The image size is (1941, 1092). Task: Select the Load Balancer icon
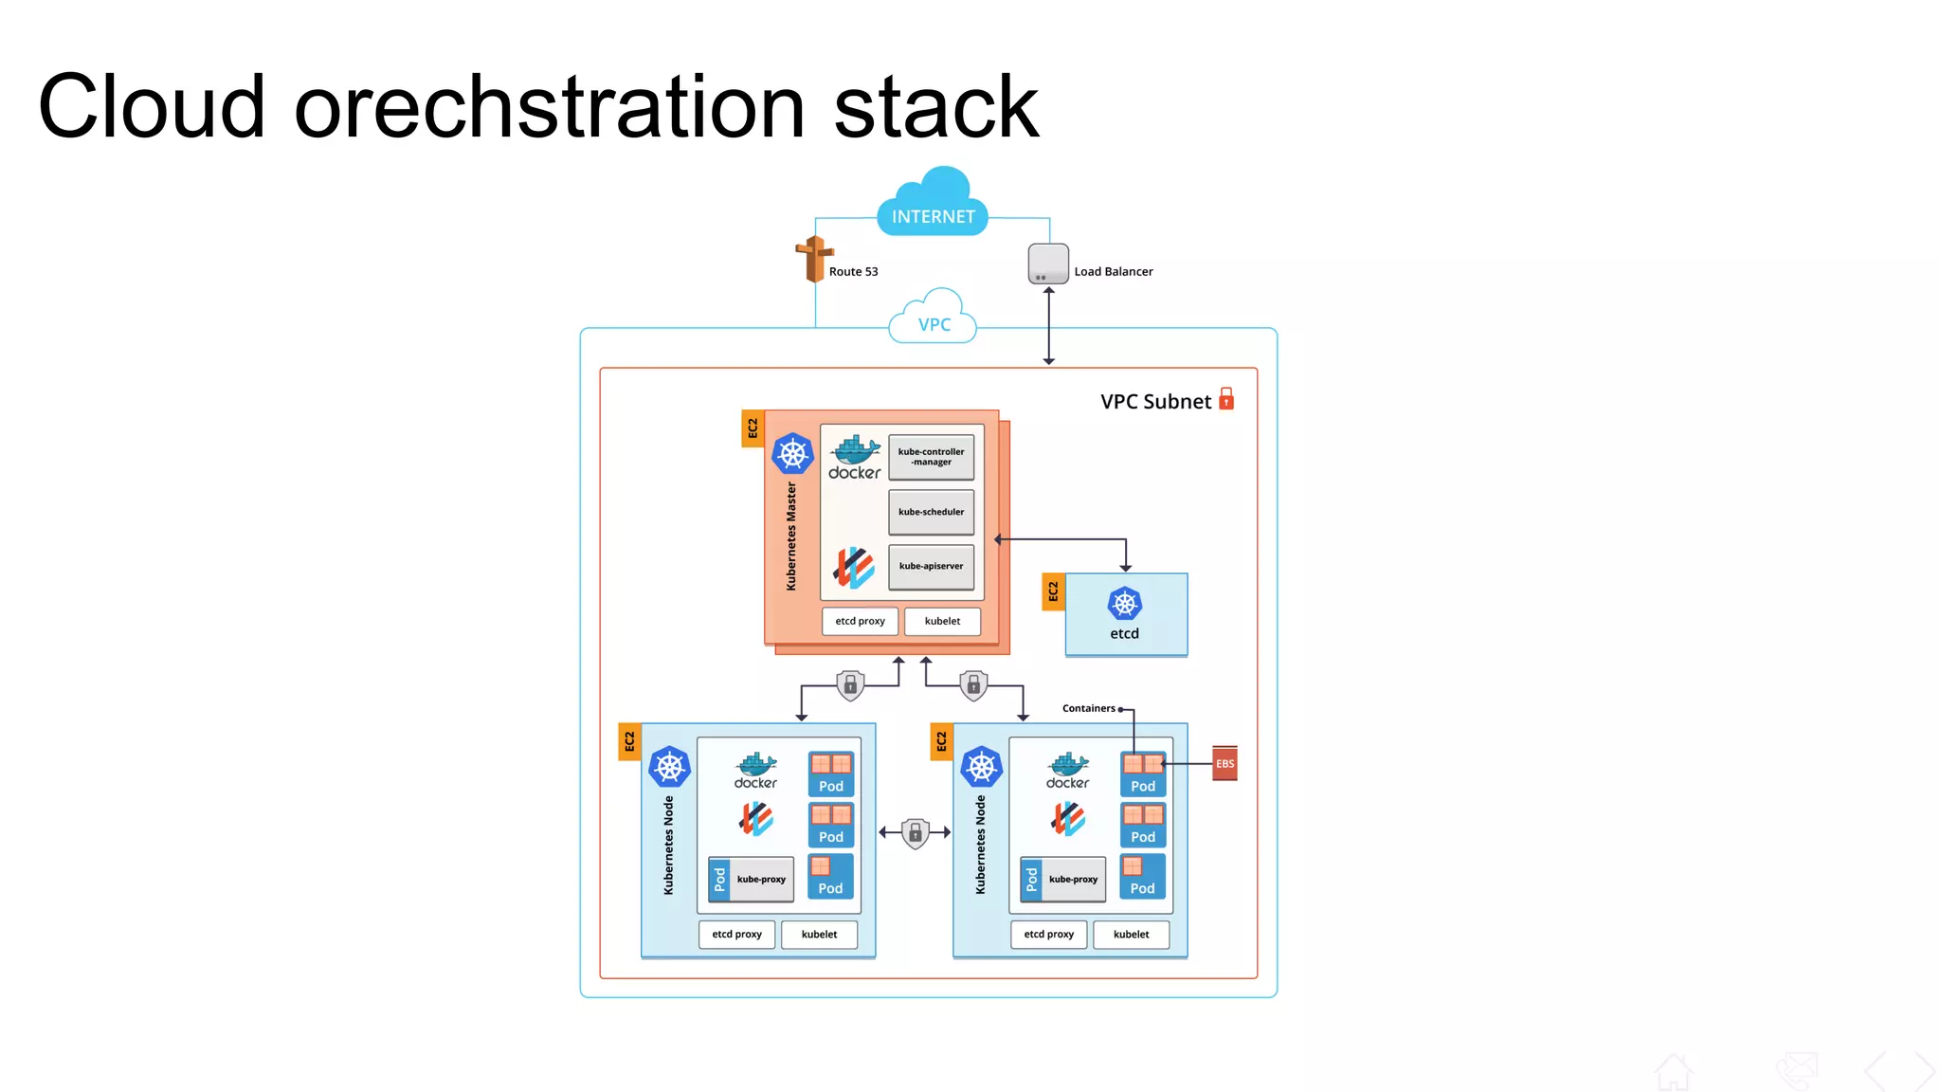1048,264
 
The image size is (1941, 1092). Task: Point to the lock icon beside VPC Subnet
1226,399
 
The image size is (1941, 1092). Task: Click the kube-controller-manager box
931,457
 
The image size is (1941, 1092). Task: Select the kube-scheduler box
931,512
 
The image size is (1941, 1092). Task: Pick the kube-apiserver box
931,566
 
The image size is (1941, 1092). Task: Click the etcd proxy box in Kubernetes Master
860,621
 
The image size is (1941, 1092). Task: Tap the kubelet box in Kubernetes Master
942,621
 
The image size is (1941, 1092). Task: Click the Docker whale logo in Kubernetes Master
855,458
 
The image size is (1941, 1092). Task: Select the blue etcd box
1126,614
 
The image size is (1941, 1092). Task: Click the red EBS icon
1224,763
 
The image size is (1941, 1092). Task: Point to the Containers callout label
1088,708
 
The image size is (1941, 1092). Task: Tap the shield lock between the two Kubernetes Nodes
915,833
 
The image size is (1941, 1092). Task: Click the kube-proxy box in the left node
761,880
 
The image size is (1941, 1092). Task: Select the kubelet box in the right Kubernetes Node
1131,935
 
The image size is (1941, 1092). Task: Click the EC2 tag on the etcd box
1053,591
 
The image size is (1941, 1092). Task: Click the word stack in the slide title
935,107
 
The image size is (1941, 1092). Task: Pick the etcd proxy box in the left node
736,935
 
